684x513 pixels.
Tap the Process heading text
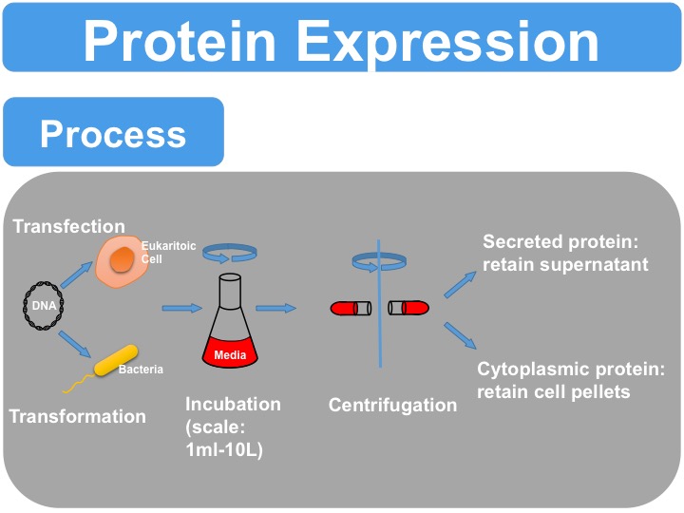113,134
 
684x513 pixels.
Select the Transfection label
68,226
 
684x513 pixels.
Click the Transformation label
78,416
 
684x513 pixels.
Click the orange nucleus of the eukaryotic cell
121,258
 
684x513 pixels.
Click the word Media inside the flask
230,355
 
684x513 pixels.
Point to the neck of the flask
231,294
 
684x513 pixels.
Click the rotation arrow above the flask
232,251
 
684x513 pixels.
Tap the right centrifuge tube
409,308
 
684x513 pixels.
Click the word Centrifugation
392,406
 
